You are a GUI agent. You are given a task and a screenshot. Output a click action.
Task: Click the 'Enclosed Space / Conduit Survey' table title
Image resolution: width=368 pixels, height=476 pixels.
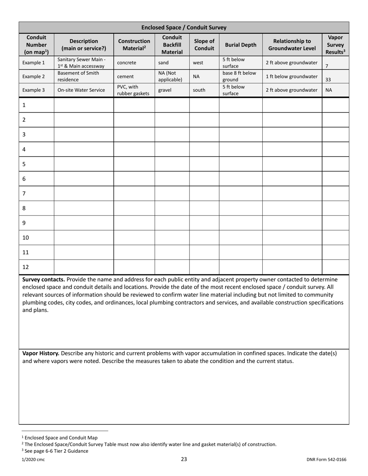[184, 27]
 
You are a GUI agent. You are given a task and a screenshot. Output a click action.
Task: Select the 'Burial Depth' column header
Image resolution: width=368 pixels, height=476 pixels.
[241, 45]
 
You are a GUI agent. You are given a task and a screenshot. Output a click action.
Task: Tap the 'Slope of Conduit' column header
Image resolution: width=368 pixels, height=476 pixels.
[204, 45]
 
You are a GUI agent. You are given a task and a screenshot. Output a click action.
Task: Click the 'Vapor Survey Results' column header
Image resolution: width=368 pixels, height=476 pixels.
[335, 45]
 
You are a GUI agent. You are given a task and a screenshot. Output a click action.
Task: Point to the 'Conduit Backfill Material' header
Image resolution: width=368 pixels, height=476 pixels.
[172, 45]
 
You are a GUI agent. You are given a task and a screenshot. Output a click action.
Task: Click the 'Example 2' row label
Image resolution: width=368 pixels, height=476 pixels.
[33, 77]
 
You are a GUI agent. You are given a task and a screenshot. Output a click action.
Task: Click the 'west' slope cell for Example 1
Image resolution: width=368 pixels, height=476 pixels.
[198, 63]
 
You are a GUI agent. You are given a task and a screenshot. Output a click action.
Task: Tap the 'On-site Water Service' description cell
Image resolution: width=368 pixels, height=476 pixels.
[81, 90]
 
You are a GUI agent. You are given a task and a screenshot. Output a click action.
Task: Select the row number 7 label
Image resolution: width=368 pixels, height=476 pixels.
[24, 193]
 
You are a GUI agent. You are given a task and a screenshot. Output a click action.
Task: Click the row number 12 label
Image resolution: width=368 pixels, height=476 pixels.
[26, 267]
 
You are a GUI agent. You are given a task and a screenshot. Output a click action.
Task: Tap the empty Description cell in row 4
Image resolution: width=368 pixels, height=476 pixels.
[84, 149]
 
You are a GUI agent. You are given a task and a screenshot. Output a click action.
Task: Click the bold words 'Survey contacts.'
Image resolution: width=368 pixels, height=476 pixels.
[43, 279]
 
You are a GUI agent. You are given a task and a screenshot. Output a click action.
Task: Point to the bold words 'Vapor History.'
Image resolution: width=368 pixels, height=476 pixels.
[41, 353]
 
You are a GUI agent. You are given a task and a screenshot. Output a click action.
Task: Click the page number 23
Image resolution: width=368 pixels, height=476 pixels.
[184, 459]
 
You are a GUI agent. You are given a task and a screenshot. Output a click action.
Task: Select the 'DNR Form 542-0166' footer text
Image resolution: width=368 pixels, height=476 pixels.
[326, 460]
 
